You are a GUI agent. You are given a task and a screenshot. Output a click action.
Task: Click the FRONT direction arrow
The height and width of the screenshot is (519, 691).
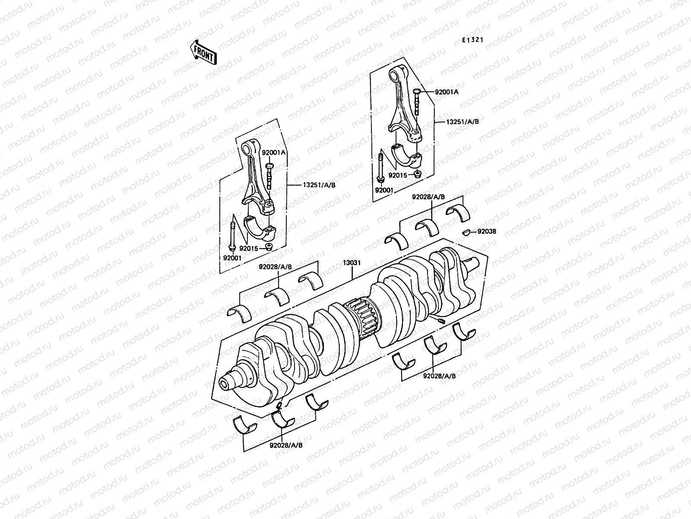(x=203, y=52)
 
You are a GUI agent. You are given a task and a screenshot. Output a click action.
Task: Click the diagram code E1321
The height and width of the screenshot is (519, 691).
(x=472, y=40)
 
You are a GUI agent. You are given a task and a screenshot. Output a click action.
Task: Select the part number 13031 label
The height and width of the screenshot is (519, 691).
(x=352, y=263)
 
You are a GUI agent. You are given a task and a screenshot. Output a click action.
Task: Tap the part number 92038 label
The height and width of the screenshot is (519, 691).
(x=486, y=231)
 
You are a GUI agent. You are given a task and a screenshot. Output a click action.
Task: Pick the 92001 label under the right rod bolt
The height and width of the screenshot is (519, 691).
(x=383, y=190)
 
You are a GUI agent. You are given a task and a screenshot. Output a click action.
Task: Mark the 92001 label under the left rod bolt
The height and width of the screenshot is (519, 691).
(x=232, y=258)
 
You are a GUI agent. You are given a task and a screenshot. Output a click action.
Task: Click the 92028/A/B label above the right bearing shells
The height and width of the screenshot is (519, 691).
(x=428, y=197)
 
